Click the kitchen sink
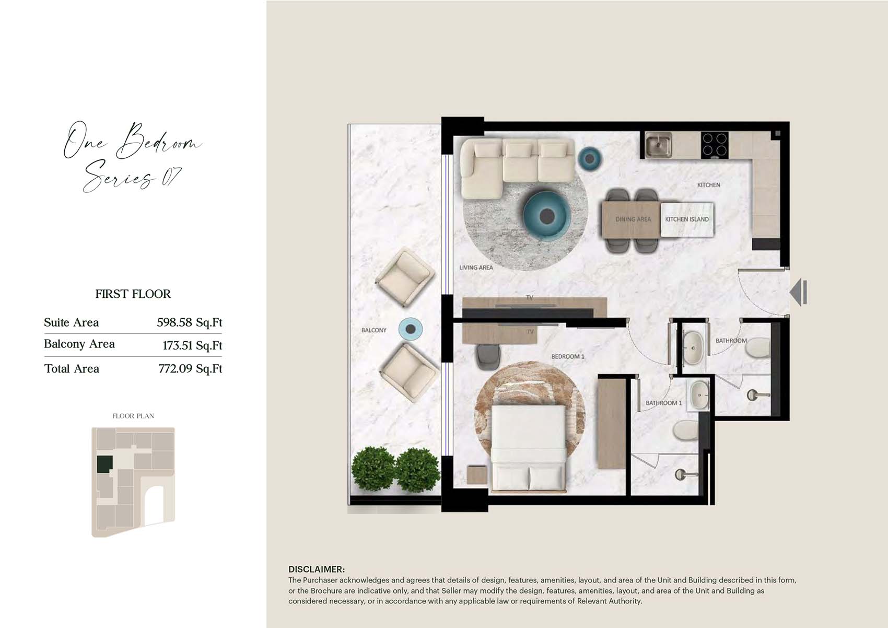click(658, 145)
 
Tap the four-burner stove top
click(714, 144)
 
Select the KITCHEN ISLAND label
click(687, 219)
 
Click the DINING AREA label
click(633, 219)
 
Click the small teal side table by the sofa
click(590, 159)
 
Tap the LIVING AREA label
click(476, 268)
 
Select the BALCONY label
click(374, 330)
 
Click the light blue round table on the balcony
click(410, 329)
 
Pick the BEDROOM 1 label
click(568, 357)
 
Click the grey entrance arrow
click(798, 292)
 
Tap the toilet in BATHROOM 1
click(685, 431)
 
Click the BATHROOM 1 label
click(663, 403)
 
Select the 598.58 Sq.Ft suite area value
click(190, 322)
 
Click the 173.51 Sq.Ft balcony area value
click(192, 345)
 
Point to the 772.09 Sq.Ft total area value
click(190, 369)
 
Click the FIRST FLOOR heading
click(133, 294)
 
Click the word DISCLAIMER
click(317, 569)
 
